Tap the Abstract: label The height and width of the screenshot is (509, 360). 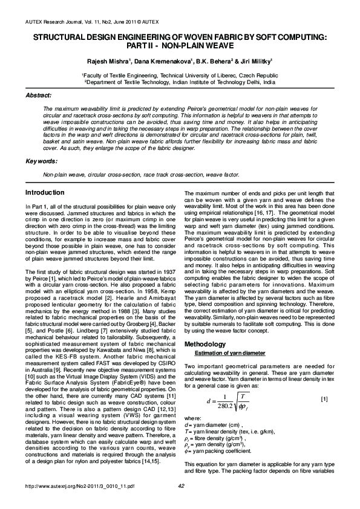38,96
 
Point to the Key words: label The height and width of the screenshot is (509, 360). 41,161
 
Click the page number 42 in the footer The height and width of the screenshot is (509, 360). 180,502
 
